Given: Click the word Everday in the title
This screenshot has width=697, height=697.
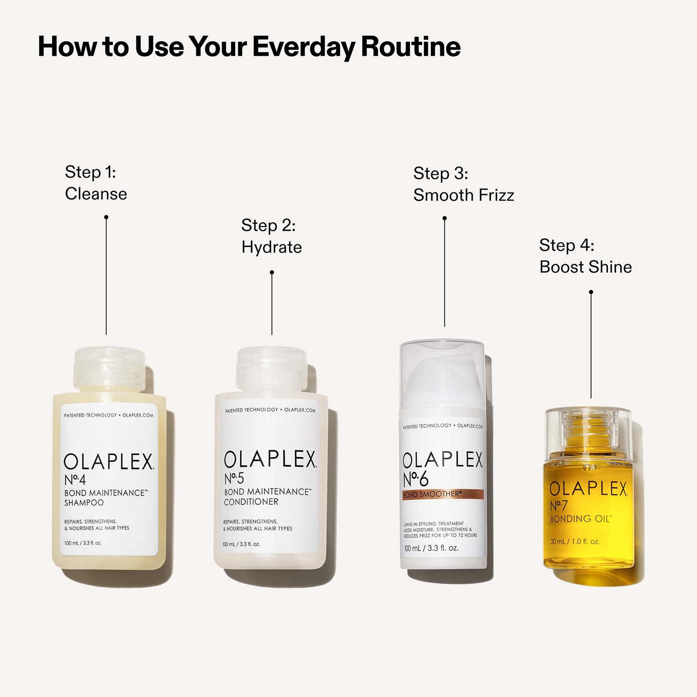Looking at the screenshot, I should (x=305, y=47).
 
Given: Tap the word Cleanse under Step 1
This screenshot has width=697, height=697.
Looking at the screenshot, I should (x=96, y=194).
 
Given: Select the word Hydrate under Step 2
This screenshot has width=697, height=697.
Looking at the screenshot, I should (x=271, y=247).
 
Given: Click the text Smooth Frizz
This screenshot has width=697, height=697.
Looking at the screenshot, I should (x=464, y=195).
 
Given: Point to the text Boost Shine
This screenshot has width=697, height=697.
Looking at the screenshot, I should (x=585, y=267).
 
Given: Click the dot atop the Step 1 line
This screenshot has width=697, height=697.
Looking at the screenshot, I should (x=106, y=217).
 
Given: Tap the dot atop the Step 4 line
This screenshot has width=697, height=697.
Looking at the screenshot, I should (x=591, y=292).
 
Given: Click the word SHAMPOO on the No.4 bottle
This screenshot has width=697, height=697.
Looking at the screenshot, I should (x=84, y=503).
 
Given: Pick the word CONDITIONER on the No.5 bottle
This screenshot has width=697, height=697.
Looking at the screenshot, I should (x=251, y=502).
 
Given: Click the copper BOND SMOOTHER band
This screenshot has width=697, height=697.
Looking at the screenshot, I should (x=443, y=494).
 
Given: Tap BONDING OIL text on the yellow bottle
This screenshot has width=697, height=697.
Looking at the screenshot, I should (x=581, y=519).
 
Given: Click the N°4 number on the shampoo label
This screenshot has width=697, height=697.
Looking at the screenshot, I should (x=75, y=480).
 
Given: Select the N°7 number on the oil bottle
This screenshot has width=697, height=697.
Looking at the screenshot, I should (x=558, y=506).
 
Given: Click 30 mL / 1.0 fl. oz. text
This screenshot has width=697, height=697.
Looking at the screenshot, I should (x=575, y=542).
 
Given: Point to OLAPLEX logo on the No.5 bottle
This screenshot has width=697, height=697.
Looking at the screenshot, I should (x=270, y=460).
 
